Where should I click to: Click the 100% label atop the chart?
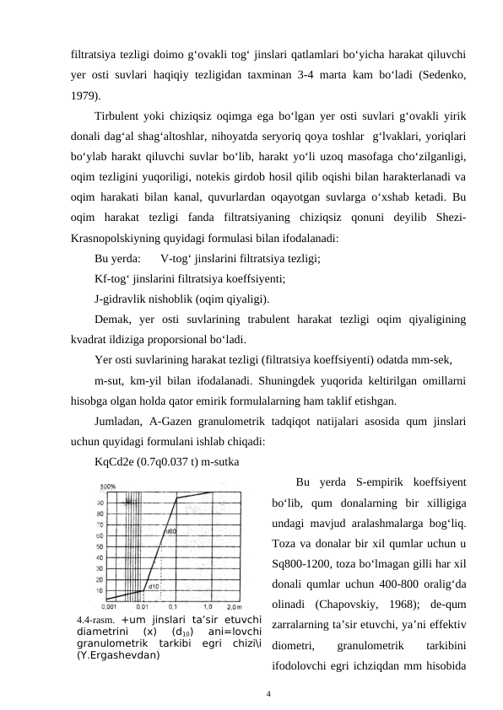pos(108,487)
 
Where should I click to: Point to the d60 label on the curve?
pos(169,532)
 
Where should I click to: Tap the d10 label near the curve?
pos(154,585)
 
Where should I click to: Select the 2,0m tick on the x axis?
pos(232,606)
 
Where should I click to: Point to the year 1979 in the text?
pos(84,95)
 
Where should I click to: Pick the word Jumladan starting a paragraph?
pos(120,421)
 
